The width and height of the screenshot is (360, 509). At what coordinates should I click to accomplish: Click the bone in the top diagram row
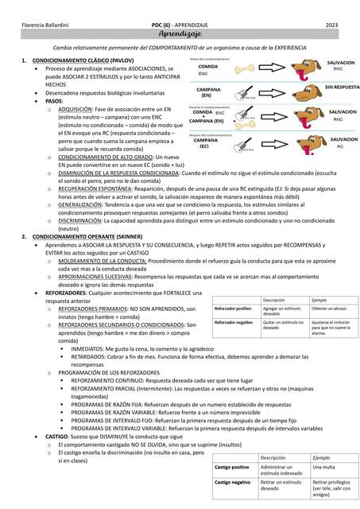(x=250, y=69)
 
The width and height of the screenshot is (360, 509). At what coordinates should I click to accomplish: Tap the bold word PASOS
(x=54, y=101)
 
